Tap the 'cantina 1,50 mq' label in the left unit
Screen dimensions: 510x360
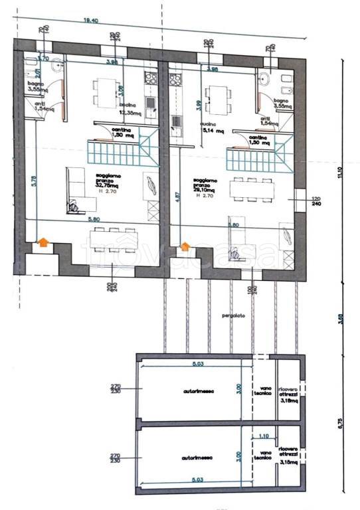point(121,132)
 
